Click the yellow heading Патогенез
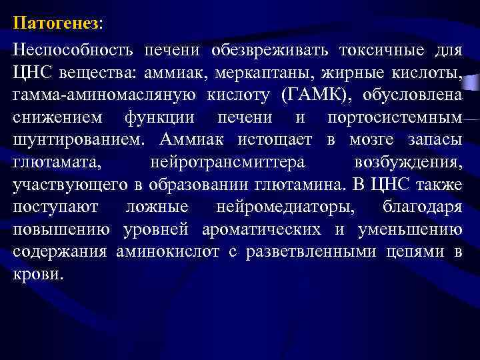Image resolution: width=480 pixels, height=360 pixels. click(55, 23)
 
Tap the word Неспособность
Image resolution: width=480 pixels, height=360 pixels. click(69, 49)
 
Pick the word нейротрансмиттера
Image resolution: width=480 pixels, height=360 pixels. click(228, 163)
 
